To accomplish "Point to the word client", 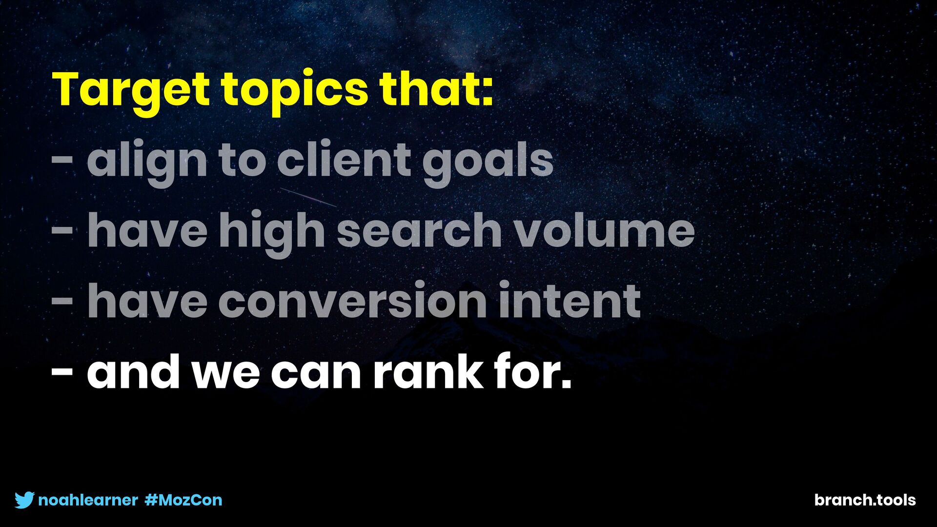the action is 344,158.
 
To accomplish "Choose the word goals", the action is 488,161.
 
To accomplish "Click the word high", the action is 272,231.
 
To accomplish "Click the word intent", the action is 570,299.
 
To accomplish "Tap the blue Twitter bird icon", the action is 24,500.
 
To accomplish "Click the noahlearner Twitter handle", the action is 88,500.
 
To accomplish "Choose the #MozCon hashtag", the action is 183,500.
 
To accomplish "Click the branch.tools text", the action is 865,500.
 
